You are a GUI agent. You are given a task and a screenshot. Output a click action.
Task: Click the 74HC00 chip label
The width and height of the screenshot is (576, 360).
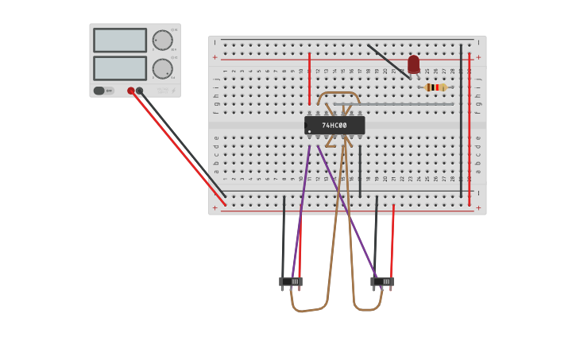pos(334,126)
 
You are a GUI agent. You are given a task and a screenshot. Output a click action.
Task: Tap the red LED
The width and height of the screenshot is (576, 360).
pos(413,64)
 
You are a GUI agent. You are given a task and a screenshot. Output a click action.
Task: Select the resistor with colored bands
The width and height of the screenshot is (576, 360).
pos(435,87)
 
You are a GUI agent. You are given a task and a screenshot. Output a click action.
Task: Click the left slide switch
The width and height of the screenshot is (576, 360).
pos(291,281)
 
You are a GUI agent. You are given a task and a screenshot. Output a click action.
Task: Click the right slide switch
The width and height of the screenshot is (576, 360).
pos(382,281)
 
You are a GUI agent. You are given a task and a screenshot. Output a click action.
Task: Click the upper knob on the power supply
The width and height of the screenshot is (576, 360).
pos(162,40)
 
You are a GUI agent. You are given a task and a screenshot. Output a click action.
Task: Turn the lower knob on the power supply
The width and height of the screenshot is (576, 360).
pos(162,68)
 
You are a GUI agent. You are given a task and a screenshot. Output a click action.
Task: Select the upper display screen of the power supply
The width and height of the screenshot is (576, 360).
pos(120,40)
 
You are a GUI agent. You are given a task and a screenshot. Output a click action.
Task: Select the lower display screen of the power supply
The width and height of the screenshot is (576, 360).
pos(120,68)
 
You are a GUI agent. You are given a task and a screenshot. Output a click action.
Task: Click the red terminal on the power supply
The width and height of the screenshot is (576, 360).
pos(131,91)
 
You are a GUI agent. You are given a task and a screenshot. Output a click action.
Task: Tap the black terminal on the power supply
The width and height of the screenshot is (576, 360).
pos(140,91)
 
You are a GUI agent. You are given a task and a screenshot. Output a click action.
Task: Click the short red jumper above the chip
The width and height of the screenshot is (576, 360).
pos(310,79)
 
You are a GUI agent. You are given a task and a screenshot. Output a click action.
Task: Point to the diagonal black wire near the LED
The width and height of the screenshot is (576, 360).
pos(389,61)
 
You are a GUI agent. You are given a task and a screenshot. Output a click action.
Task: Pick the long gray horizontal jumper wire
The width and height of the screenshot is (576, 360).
pos(393,104)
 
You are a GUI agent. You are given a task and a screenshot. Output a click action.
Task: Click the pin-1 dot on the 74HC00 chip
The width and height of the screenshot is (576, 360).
pos(309,131)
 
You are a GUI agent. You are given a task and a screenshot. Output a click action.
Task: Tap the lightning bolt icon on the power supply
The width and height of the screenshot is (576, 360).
pos(173,91)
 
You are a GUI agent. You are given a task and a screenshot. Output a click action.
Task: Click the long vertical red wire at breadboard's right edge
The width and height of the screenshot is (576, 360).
pos(470,127)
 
